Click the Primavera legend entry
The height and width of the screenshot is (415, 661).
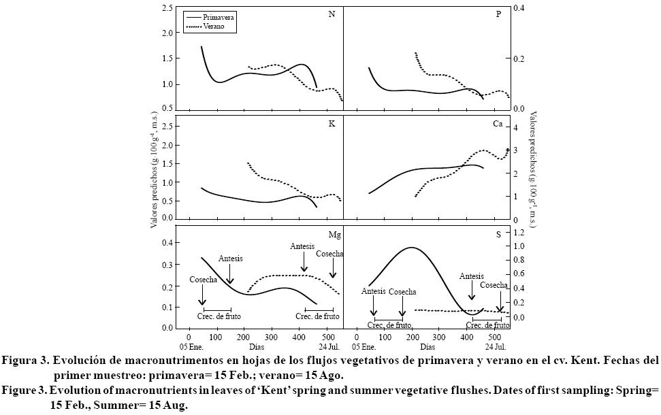218,18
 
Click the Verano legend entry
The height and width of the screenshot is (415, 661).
214,27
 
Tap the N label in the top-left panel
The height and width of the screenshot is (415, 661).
332,14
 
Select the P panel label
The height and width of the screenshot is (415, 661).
498,14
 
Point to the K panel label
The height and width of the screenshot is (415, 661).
332,124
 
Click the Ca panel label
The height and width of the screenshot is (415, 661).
498,124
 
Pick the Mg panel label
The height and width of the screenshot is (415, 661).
334,234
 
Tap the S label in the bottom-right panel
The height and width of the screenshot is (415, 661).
498,234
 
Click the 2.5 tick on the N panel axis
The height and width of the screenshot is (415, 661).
167,7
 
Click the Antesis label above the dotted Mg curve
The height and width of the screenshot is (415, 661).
302,246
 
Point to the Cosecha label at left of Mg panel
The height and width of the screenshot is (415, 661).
203,280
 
